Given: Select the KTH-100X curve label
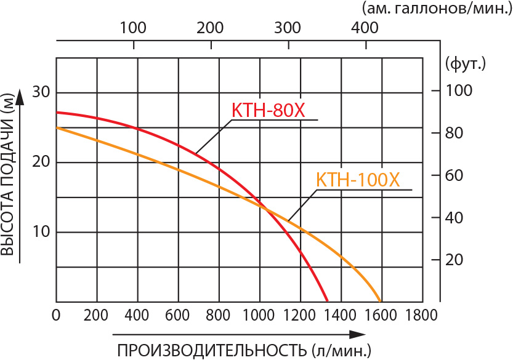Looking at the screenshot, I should (x=358, y=180).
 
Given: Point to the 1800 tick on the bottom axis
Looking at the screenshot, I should (x=421, y=316).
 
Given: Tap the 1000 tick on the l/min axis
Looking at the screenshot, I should (x=259, y=316).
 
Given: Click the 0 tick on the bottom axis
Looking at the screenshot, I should (x=56, y=316).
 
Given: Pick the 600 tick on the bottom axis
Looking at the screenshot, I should (x=178, y=316).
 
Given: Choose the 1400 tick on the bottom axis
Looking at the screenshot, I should (x=341, y=316).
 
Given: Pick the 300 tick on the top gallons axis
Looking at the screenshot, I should (x=289, y=28).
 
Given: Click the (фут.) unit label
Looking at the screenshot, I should (x=465, y=62).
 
